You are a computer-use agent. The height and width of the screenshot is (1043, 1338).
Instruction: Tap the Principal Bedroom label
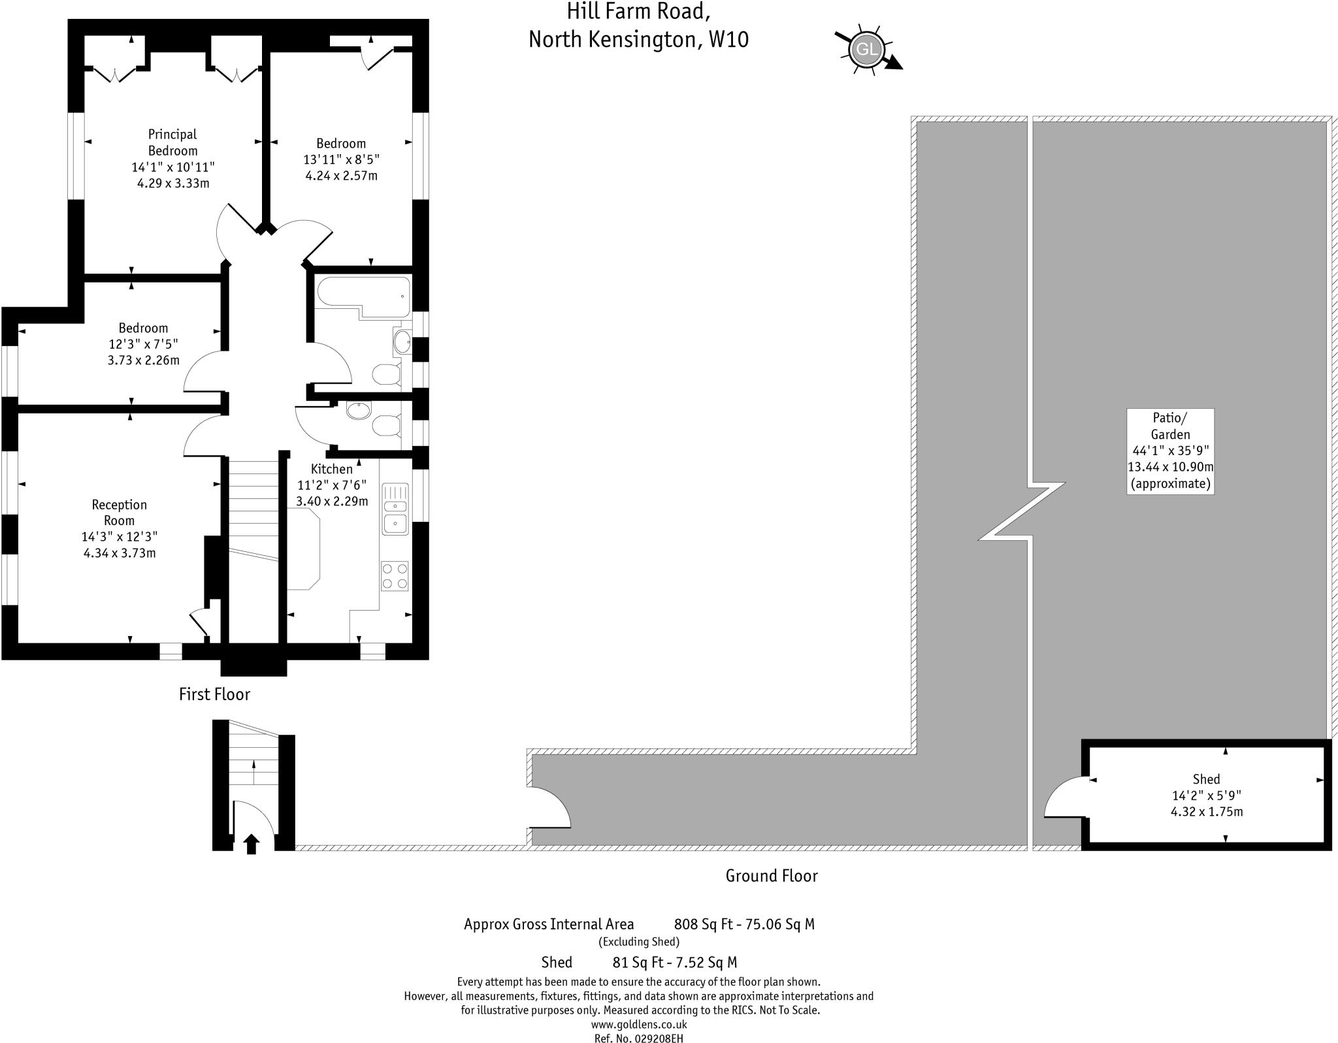(x=172, y=142)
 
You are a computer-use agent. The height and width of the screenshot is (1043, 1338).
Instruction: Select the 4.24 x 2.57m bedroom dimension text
(x=341, y=176)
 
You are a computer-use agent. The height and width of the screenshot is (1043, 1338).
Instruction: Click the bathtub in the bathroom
(x=363, y=293)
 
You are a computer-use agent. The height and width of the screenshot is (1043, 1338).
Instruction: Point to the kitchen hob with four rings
(x=395, y=576)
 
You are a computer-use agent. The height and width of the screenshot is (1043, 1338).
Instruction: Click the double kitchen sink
(x=395, y=515)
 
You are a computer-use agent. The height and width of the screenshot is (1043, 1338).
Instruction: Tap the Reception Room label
(x=119, y=513)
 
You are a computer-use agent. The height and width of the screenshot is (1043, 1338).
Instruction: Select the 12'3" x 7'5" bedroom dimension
(x=143, y=344)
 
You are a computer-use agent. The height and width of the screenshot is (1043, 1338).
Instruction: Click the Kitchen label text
(x=331, y=469)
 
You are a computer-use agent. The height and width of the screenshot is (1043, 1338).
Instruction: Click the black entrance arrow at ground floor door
(x=251, y=844)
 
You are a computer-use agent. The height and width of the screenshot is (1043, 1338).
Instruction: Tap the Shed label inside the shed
(x=1206, y=779)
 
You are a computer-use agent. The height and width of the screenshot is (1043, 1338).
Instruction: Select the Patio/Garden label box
(x=1170, y=451)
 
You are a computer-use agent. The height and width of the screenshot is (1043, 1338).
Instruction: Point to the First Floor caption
(x=214, y=694)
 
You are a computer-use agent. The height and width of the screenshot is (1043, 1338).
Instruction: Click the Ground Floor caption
(x=772, y=876)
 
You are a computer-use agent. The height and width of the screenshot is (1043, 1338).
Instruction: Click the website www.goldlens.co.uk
(x=638, y=1025)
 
